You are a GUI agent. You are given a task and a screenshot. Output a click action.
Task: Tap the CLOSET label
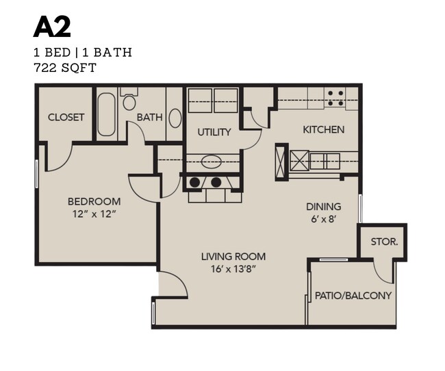click(66, 117)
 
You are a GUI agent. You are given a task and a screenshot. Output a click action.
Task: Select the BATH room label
click(149, 117)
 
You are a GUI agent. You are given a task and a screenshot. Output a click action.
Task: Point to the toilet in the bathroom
click(129, 101)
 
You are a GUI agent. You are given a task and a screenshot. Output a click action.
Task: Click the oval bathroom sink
click(175, 117)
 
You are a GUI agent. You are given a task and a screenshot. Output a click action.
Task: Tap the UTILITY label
click(214, 132)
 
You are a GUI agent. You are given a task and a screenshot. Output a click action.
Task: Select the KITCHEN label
click(324, 129)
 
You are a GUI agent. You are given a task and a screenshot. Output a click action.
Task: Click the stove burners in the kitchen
click(335, 99)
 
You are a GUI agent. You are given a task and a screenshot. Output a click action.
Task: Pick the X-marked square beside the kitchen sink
click(300, 161)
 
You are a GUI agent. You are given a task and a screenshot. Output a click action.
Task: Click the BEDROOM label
click(94, 202)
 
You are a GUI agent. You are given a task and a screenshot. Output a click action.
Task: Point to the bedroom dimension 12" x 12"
click(94, 214)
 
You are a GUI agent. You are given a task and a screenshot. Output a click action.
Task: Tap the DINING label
click(324, 207)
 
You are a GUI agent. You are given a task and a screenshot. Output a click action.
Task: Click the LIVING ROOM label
click(233, 257)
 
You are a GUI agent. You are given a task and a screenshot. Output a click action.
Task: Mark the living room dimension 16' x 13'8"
click(233, 269)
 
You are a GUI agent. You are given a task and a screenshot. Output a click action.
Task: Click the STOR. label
click(384, 242)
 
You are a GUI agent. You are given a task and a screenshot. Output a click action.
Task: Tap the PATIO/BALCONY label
click(353, 296)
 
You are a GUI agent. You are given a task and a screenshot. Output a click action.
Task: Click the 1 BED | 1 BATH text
click(82, 52)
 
